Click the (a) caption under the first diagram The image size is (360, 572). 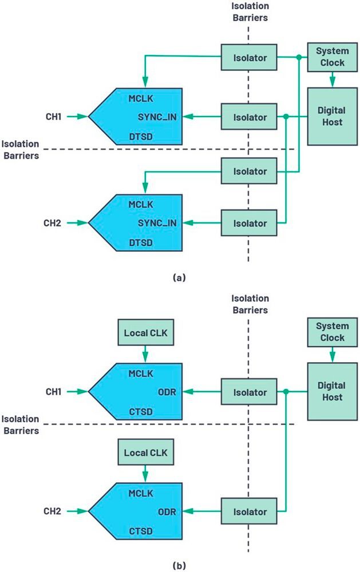click(x=179, y=277)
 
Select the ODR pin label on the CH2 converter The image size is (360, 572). click(x=167, y=511)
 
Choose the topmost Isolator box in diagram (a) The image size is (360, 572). click(x=249, y=57)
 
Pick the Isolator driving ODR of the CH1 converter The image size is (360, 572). click(x=249, y=392)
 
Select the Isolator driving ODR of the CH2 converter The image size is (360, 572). click(x=249, y=511)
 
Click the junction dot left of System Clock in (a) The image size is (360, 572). click(x=298, y=57)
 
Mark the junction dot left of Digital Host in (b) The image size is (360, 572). click(x=286, y=392)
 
